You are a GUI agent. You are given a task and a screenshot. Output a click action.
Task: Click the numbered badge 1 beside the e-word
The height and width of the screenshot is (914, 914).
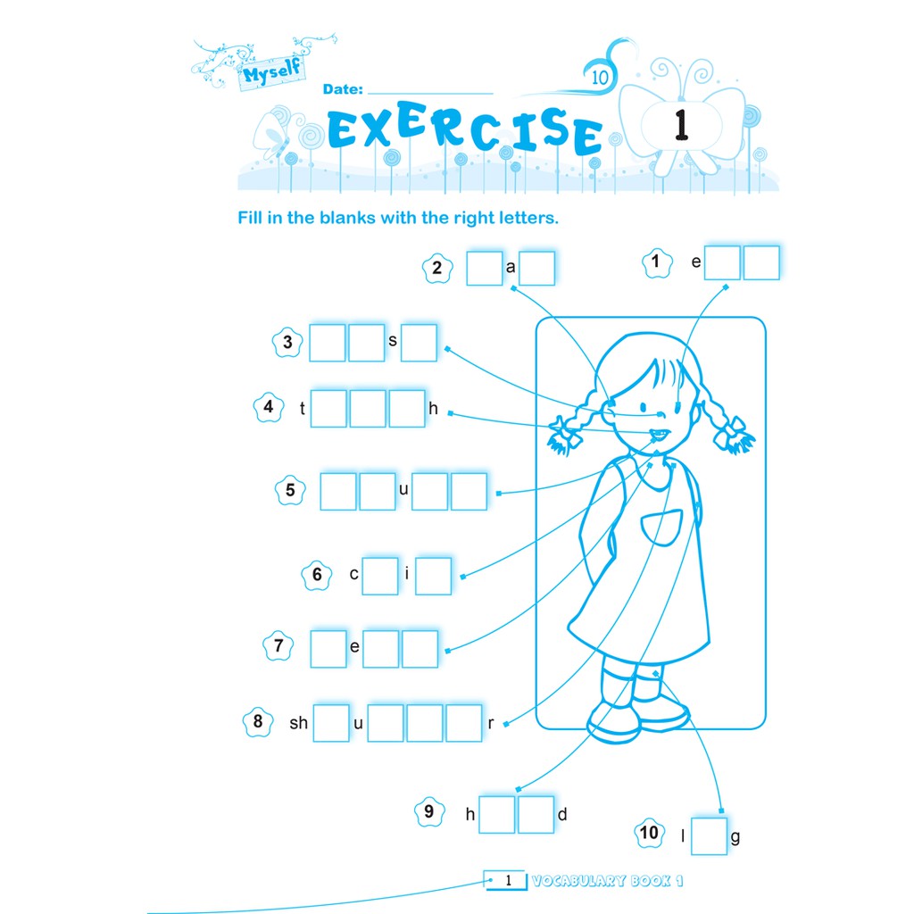click(x=656, y=262)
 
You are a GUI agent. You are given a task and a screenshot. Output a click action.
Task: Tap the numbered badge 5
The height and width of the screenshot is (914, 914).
click(x=290, y=490)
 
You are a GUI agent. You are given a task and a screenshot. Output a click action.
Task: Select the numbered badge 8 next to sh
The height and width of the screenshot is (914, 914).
click(x=258, y=722)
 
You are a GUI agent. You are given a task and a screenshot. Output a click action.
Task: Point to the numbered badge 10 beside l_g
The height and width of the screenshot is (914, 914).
click(x=649, y=834)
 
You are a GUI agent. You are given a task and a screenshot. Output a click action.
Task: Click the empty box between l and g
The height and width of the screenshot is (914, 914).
click(x=710, y=836)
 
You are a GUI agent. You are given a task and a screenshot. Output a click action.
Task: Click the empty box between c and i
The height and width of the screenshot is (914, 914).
click(x=379, y=576)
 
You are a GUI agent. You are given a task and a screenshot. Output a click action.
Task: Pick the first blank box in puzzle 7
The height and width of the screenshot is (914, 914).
click(x=328, y=649)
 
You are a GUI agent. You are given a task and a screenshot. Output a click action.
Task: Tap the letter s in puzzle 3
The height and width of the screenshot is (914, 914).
click(x=392, y=340)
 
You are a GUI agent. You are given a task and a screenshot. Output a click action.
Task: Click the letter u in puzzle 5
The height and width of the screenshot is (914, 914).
click(x=403, y=490)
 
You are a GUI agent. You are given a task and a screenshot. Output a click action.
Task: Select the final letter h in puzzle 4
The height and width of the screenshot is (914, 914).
click(x=434, y=409)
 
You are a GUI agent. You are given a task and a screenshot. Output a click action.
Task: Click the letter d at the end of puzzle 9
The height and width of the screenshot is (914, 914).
click(x=562, y=813)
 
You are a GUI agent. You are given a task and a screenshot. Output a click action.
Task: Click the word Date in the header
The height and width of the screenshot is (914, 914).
click(x=343, y=90)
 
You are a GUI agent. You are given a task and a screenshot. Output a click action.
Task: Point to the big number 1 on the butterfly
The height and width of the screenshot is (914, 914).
click(x=681, y=125)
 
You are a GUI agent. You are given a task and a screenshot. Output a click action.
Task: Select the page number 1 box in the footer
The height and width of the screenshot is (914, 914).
click(x=506, y=881)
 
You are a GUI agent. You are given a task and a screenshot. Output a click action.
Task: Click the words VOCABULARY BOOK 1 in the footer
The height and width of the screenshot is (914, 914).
click(x=607, y=881)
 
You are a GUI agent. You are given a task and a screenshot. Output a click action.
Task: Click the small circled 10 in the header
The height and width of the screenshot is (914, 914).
click(x=599, y=78)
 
